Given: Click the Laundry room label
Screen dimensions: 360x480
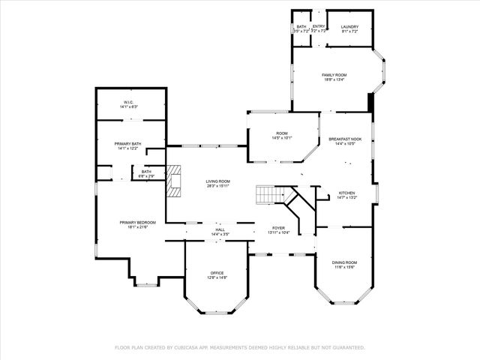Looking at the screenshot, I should pos(349,27).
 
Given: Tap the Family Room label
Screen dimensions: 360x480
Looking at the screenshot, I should pos(334,76).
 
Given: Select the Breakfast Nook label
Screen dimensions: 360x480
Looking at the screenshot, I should pos(345,139).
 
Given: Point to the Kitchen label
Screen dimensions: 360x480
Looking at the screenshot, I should pos(346,193).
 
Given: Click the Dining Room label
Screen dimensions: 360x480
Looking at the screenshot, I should pos(344,262).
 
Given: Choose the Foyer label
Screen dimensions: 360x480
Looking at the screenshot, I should pos(279,228).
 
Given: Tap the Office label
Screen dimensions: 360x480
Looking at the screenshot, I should pos(217,273).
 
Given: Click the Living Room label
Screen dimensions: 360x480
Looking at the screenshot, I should pos(218,181).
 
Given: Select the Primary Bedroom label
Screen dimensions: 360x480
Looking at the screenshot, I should pos(138,223).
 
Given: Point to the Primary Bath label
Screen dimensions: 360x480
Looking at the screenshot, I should pos(128,144).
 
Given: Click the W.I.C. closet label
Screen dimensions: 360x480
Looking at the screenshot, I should pos(130,103).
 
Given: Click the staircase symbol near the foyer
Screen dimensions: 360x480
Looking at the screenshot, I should pos(268,194).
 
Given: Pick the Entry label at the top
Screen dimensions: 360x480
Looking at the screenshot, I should pos(319,27).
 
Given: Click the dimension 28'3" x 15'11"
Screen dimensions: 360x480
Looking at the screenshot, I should pos(218,186).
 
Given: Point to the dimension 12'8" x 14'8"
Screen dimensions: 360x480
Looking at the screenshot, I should pos(217,277).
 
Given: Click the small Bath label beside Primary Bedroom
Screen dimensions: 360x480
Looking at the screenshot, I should pos(145,172).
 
